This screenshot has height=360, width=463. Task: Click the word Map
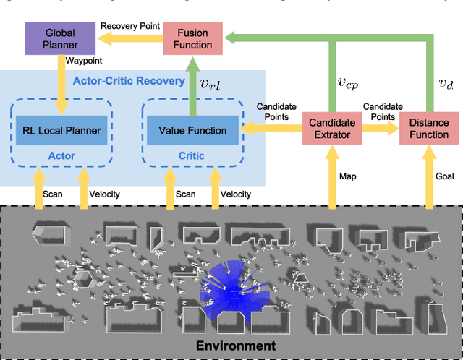point(348,176)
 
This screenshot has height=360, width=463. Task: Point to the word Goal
point(444,176)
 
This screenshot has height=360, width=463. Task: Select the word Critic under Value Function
point(191,155)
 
